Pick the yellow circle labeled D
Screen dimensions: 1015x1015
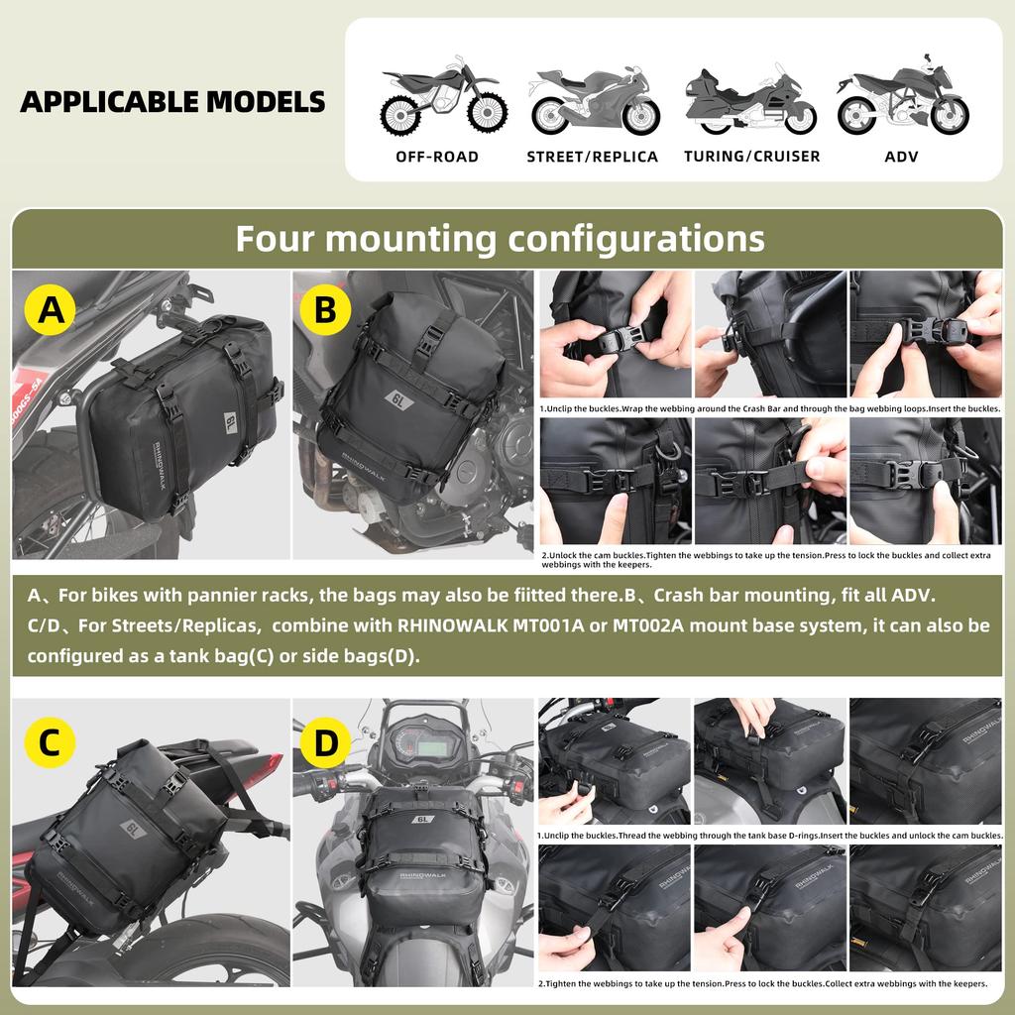[x=325, y=744]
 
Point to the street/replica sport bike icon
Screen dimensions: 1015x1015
[x=593, y=101]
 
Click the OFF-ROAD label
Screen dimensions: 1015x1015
[x=436, y=157]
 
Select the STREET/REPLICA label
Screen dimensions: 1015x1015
[x=592, y=157]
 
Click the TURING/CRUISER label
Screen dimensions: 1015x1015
[x=751, y=157]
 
